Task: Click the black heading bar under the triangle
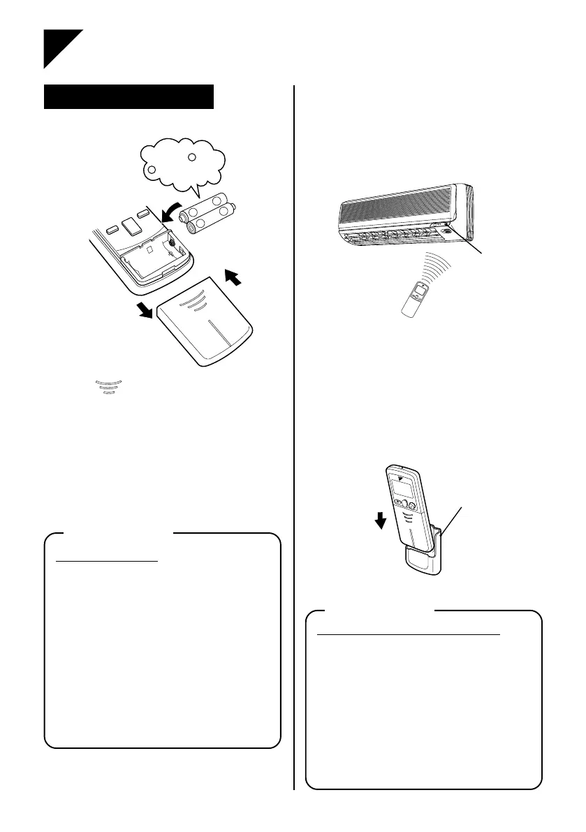[128, 97]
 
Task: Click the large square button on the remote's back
[129, 224]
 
